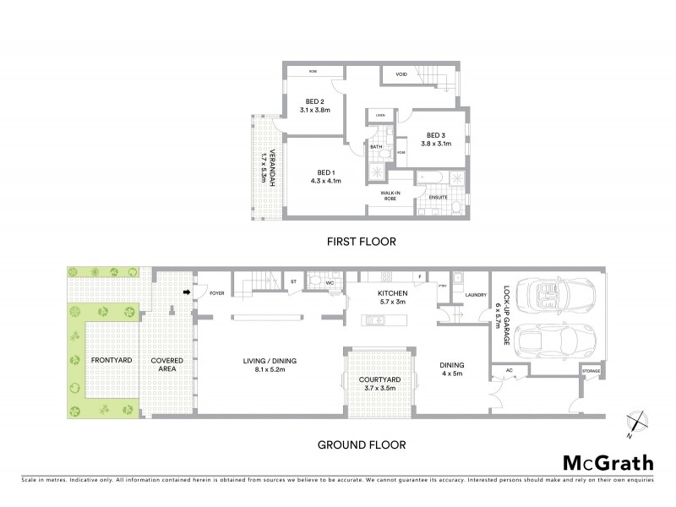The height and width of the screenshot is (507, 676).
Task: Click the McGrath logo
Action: pos(607,462)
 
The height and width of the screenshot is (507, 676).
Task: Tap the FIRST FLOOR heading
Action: pos(362,241)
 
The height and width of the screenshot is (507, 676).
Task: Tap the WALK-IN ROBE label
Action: pos(390,195)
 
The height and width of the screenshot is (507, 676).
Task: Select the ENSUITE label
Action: pos(438,197)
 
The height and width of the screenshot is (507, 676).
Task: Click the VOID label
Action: pos(401,74)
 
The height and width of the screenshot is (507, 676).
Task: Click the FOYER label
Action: pos(217,295)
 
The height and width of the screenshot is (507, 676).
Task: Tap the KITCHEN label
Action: pos(392,292)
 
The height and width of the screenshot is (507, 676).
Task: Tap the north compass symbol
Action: pos(636,421)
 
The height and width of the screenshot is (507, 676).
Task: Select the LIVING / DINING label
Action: pos(262,365)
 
